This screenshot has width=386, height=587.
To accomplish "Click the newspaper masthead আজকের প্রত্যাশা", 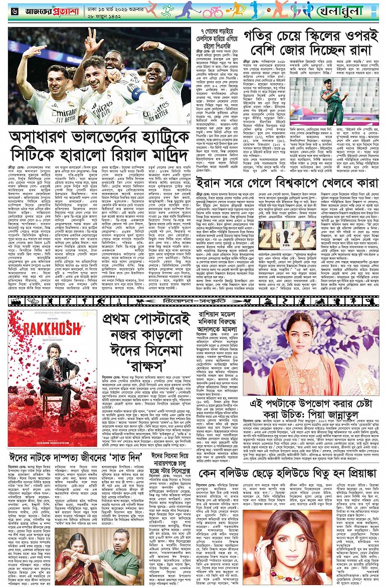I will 45,10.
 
